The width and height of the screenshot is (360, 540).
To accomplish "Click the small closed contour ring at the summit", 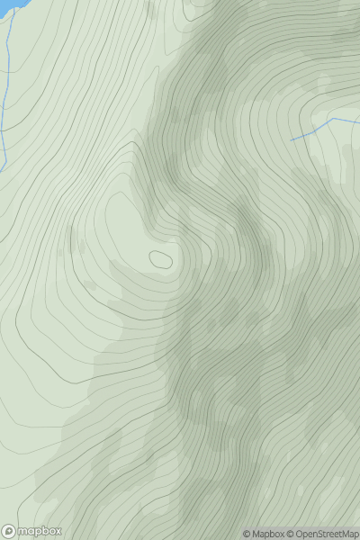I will (x=162, y=260).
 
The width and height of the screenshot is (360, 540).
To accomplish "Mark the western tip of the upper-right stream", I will (x=292, y=139).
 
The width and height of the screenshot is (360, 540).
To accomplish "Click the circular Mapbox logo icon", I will (x=10, y=531).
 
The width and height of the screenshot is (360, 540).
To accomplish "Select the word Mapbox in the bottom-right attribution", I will (x=269, y=534).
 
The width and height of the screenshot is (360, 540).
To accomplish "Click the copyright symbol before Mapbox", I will (x=247, y=534).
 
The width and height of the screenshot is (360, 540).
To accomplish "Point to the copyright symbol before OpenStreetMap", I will (x=291, y=534).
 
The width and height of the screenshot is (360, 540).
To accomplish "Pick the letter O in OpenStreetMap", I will (x=300, y=534).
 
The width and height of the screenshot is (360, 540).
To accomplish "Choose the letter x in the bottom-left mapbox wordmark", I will (x=58, y=531).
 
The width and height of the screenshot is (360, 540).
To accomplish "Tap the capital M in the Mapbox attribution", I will (x=256, y=534).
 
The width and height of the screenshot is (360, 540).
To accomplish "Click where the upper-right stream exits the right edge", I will (x=358, y=121).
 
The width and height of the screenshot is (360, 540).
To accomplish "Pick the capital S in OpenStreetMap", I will (x=325, y=534).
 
